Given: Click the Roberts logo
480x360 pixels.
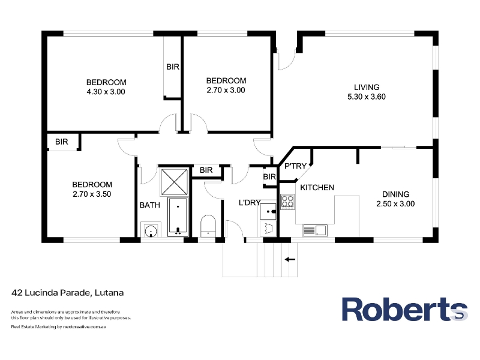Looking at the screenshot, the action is tap(404, 309).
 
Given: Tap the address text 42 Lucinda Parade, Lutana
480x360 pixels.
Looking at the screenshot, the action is tap(68, 293).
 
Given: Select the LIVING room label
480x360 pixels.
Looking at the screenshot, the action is tap(367, 87).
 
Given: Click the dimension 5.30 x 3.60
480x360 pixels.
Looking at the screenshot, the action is tap(367, 97).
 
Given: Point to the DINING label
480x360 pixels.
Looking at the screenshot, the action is tap(395, 194).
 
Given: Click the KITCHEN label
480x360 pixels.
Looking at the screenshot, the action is tap(317, 187).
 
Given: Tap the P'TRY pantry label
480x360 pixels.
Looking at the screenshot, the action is tap(295, 166).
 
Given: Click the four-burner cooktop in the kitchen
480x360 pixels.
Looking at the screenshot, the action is tap(287, 202).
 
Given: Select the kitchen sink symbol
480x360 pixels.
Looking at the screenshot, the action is tap(315, 230).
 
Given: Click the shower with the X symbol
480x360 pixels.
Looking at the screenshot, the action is tap(174, 182).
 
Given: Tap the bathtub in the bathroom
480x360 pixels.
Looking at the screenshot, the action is tap(178, 217).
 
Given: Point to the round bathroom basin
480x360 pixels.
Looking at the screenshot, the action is tap(151, 231).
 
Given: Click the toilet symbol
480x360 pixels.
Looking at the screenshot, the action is tap(208, 226).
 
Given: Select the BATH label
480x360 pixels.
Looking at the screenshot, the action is tap(149, 205).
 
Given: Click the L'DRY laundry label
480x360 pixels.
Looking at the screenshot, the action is tap(250, 202).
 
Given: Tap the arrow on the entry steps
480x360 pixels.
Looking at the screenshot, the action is tap(290, 260).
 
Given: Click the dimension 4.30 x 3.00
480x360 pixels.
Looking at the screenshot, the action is tap(106, 92).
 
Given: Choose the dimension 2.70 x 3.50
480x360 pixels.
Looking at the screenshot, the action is tap(92, 194).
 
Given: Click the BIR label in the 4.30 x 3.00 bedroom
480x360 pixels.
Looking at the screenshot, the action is tap(173, 67).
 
